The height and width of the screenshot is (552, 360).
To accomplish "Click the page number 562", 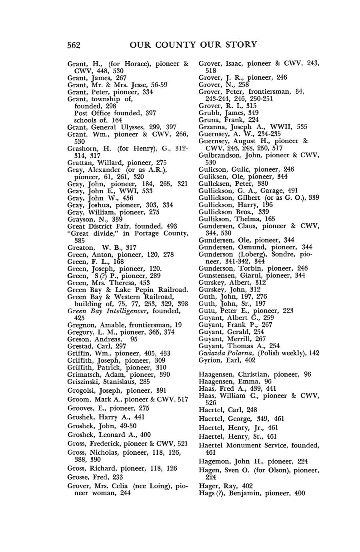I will [74, 45].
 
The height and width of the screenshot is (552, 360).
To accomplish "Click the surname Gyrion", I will [209, 360].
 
